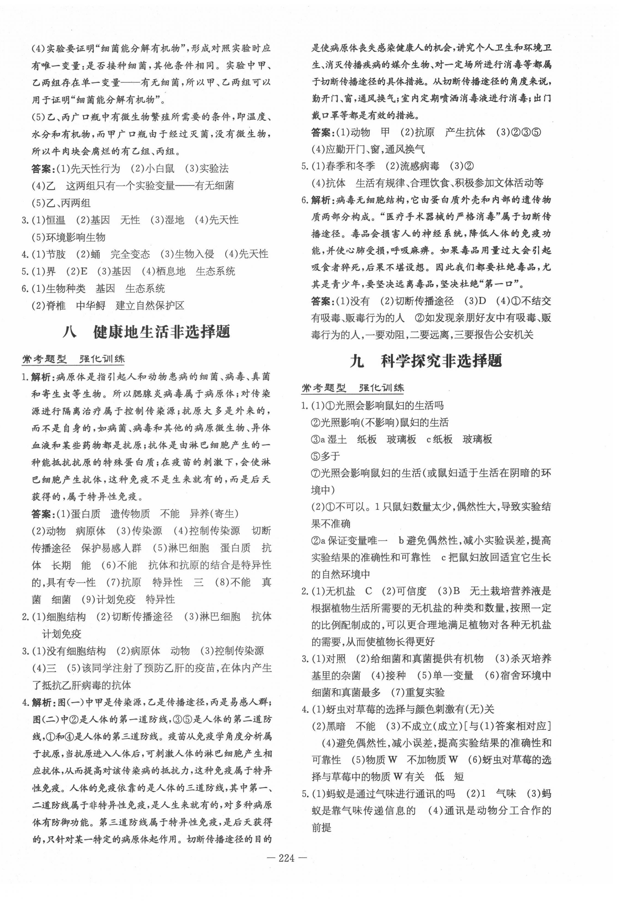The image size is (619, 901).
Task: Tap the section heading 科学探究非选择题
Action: [441, 360]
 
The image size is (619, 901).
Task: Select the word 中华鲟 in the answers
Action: [91, 306]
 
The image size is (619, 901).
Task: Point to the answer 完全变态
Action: [130, 254]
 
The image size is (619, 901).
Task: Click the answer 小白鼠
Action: [160, 168]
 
